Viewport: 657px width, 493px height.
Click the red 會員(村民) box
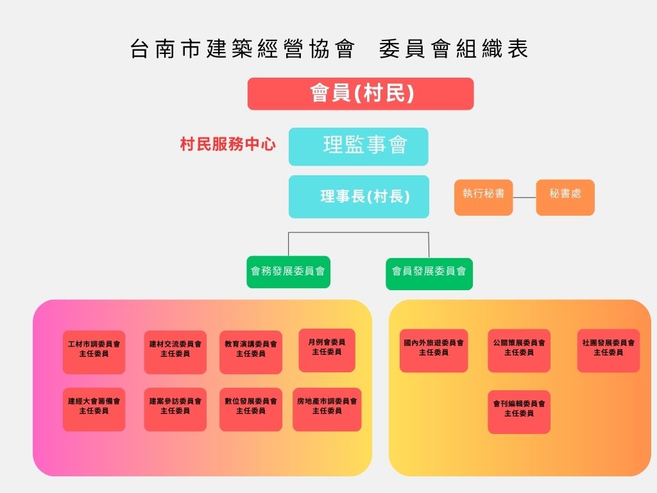(361, 94)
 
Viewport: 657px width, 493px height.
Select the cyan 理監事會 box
(358, 146)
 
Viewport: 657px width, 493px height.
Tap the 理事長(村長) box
(358, 196)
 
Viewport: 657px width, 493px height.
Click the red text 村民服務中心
(228, 144)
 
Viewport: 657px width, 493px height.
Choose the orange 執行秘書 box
(483, 197)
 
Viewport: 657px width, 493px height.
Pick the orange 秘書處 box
(565, 197)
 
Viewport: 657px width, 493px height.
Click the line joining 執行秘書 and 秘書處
(524, 197)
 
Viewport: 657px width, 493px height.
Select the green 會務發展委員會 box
(288, 272)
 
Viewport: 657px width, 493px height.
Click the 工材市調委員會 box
(94, 352)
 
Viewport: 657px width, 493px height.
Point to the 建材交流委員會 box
(175, 352)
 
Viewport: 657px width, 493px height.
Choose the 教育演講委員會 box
(251, 352)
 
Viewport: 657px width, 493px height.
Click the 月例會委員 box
(327, 350)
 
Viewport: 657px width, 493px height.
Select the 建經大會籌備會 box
(94, 409)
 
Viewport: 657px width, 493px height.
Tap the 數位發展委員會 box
(251, 409)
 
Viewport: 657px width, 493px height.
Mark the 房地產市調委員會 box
(327, 409)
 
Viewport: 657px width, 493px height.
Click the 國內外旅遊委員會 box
(434, 350)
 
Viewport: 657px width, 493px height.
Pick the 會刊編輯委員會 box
(519, 411)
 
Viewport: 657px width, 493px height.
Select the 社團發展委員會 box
(608, 350)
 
